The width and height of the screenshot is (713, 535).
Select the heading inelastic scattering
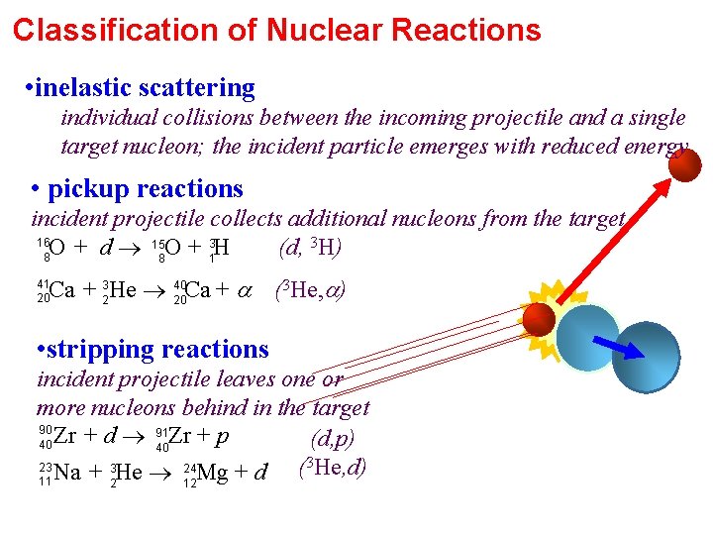tap(145, 88)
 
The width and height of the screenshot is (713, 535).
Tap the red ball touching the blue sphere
tap(539, 318)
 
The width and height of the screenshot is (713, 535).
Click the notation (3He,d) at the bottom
tap(333, 467)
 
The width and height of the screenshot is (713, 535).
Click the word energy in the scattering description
tap(654, 147)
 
